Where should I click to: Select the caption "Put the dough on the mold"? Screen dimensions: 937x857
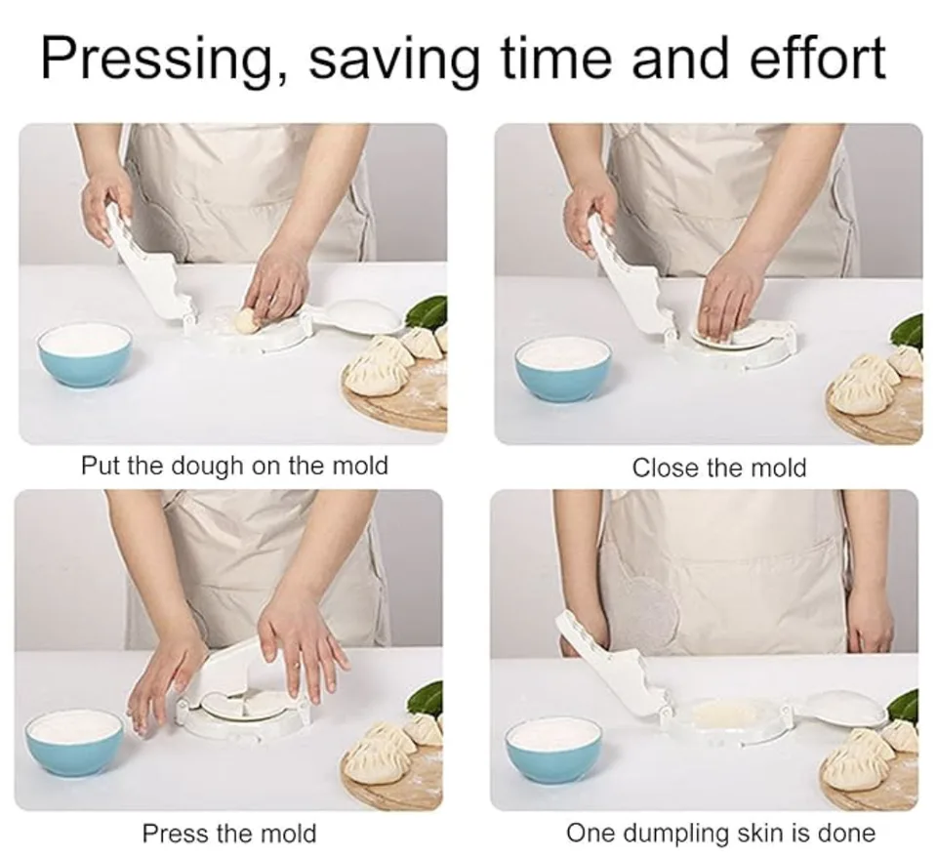pos(235,466)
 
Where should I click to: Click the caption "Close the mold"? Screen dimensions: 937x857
pos(719,468)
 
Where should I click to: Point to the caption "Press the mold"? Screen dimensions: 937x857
pos(229,833)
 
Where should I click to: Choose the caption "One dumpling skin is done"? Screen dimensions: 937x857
pos(720,833)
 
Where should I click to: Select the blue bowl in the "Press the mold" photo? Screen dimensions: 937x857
pos(75,741)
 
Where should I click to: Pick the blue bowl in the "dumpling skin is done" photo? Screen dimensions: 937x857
pos(554,752)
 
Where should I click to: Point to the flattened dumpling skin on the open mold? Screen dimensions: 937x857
pos(724,714)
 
